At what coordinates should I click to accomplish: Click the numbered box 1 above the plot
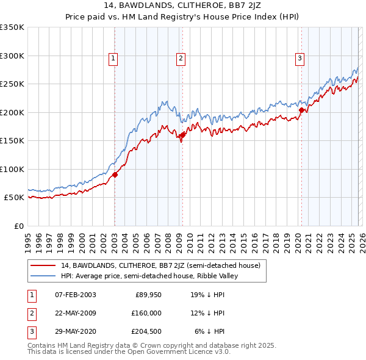114,59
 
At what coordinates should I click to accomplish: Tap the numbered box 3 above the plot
300,59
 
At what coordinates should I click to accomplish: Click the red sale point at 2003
115,175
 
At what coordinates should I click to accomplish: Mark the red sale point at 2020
301,110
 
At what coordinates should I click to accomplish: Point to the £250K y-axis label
12,84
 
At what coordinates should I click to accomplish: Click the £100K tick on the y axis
12,169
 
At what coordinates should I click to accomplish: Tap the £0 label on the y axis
18,226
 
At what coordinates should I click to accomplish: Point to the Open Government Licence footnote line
129,352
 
